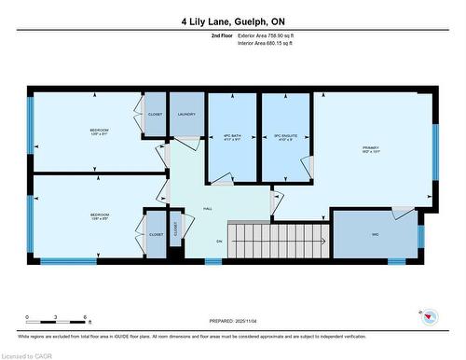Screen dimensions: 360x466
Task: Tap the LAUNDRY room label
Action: (x=185, y=114)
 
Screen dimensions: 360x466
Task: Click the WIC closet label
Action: (x=375, y=233)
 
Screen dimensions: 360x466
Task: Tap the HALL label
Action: (x=207, y=209)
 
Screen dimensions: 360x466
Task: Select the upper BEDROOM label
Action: (x=99, y=131)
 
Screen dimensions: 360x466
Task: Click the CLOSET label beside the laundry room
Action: (x=155, y=114)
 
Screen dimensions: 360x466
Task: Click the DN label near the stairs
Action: (x=220, y=241)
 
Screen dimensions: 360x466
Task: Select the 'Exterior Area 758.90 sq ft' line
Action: (x=271, y=35)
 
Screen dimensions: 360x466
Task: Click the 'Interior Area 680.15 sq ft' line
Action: (x=270, y=43)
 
